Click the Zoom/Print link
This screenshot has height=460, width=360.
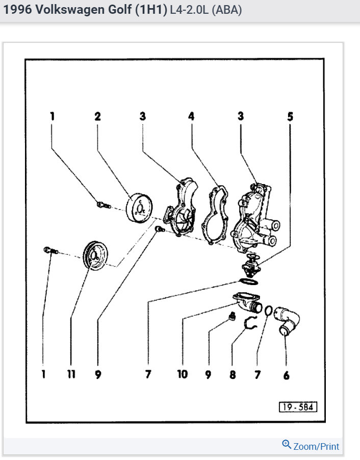(x=316, y=446)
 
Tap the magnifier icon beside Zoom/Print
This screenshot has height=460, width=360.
(x=287, y=445)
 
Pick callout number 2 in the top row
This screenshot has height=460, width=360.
(x=97, y=116)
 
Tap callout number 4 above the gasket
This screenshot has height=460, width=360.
(x=191, y=116)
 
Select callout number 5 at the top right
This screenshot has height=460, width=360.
(x=290, y=116)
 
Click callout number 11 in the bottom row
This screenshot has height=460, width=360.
(x=71, y=374)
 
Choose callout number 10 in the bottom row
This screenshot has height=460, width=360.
(x=182, y=374)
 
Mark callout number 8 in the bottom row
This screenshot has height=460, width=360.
(x=233, y=374)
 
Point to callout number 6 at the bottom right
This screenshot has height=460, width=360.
(x=286, y=375)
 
